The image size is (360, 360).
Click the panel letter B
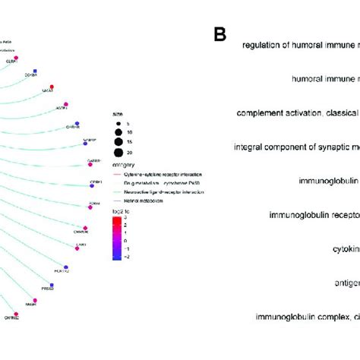[x=219, y=34]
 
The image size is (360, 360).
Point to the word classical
[x=342, y=113]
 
